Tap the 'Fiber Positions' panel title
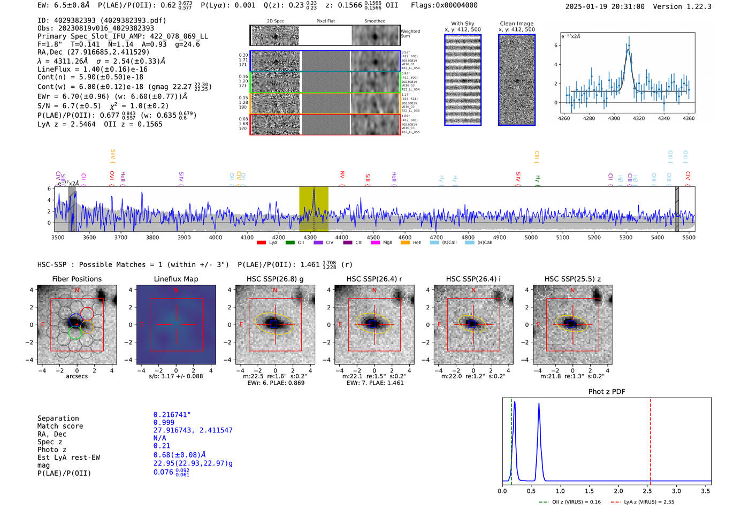(x=77, y=279)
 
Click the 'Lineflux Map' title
(x=175, y=279)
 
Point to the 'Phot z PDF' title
(x=607, y=391)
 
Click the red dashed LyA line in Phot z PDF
(x=650, y=439)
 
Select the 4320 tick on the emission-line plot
(x=639, y=118)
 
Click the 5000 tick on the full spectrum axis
(x=531, y=237)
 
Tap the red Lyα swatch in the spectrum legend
(x=261, y=242)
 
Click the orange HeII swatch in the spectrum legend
(x=405, y=242)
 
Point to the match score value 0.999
(x=164, y=422)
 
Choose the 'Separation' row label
(x=58, y=418)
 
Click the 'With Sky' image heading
(x=462, y=24)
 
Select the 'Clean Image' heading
(x=516, y=24)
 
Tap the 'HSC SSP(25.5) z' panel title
(x=572, y=279)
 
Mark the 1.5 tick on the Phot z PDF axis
(x=589, y=491)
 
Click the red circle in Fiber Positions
(x=87, y=314)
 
